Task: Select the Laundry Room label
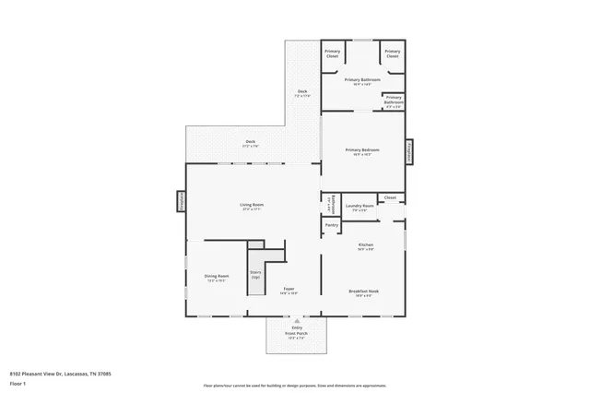click(359, 207)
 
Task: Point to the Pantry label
click(331, 225)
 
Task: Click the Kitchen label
click(365, 246)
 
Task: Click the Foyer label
click(289, 291)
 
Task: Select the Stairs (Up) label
click(254, 275)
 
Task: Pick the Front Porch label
click(298, 336)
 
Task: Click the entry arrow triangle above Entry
click(297, 321)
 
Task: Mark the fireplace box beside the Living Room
click(183, 202)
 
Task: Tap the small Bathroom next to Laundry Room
click(328, 205)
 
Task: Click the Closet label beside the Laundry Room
click(390, 197)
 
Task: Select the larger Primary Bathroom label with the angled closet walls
click(362, 81)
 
